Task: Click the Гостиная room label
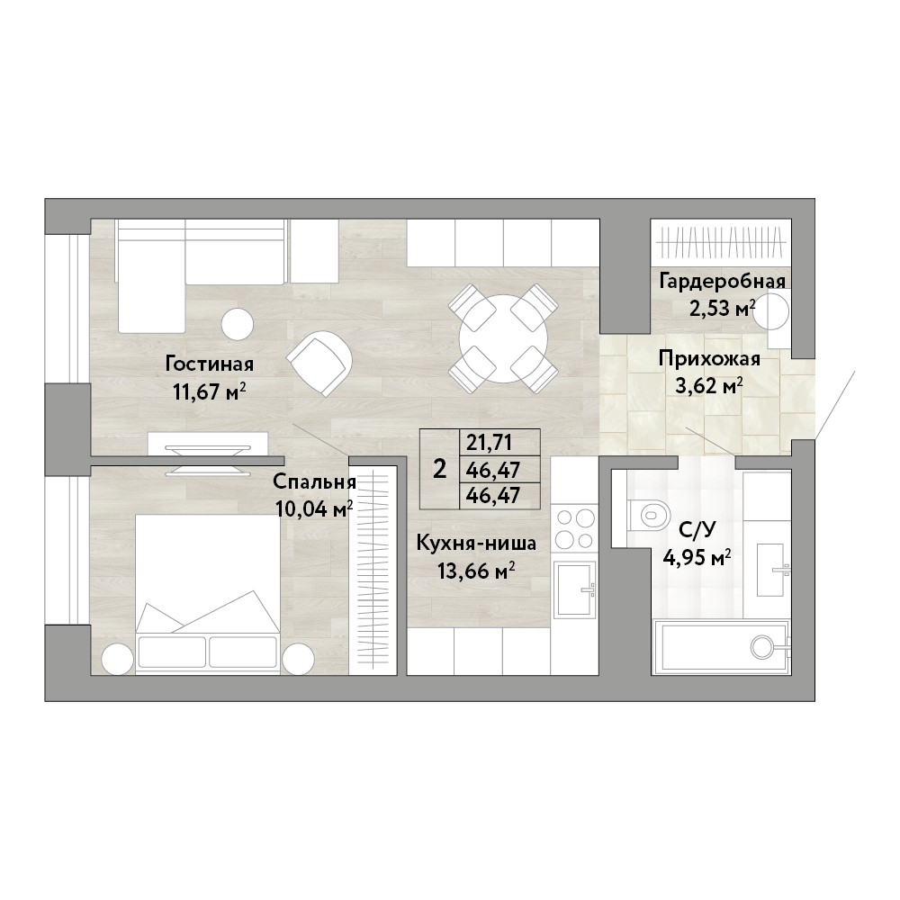210,364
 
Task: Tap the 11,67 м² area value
210,392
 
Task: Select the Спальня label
314,481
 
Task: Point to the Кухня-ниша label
476,543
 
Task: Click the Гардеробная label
722,281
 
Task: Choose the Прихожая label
709,359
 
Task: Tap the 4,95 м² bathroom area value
697,557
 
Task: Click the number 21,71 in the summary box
489,443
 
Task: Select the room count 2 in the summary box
440,470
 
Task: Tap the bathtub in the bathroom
722,647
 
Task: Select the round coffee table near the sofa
238,324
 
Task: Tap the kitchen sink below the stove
574,592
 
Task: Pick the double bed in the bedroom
208,593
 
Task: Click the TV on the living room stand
208,459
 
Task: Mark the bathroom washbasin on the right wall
773,570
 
